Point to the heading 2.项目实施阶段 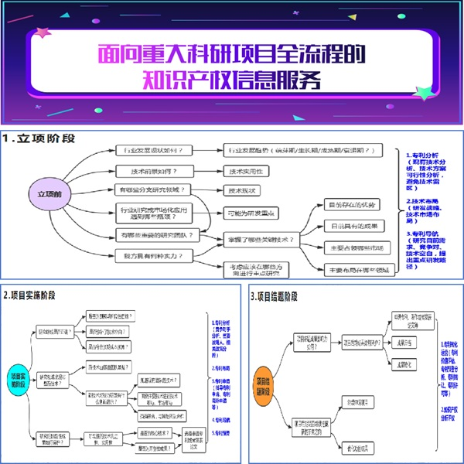[x=39, y=295]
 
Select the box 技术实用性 [x=245, y=171]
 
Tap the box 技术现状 [x=243, y=189]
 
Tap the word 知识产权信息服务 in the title [x=232, y=80]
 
